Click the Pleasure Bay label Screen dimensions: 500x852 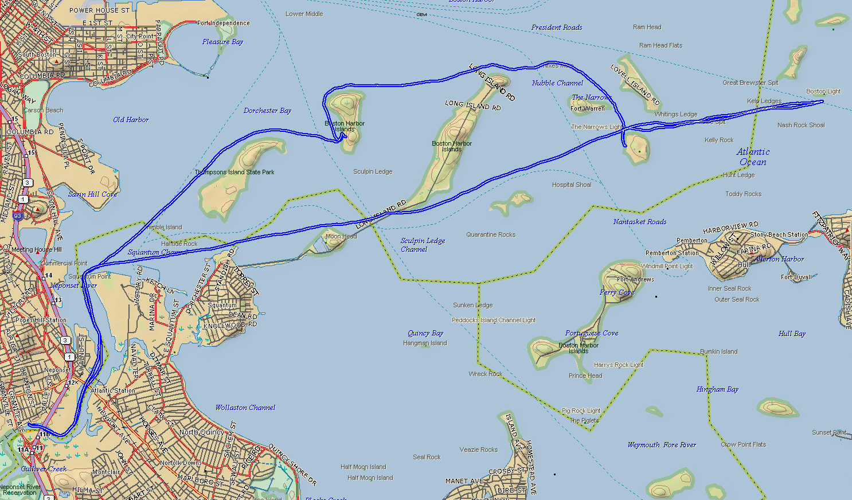(222, 42)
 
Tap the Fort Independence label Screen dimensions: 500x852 (224, 24)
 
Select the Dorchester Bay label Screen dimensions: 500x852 (267, 111)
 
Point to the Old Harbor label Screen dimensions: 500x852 (131, 120)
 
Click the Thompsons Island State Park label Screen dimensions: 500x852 (235, 172)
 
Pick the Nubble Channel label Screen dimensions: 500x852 (557, 83)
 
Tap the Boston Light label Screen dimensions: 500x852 (823, 91)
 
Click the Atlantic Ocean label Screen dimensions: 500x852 (753, 157)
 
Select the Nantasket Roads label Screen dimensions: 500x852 (640, 222)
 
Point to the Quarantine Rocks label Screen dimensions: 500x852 (491, 235)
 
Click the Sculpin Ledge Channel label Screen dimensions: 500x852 (423, 245)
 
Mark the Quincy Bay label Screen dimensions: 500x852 (425, 333)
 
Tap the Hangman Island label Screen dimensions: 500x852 (425, 343)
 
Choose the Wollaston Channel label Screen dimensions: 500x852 (245, 408)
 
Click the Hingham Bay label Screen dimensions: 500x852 (717, 389)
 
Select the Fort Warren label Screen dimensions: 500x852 (588, 108)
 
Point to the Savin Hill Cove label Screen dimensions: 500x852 (93, 194)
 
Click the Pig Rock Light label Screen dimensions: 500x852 (581, 411)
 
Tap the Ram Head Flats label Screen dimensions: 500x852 (661, 45)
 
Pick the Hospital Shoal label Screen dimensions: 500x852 (572, 185)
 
